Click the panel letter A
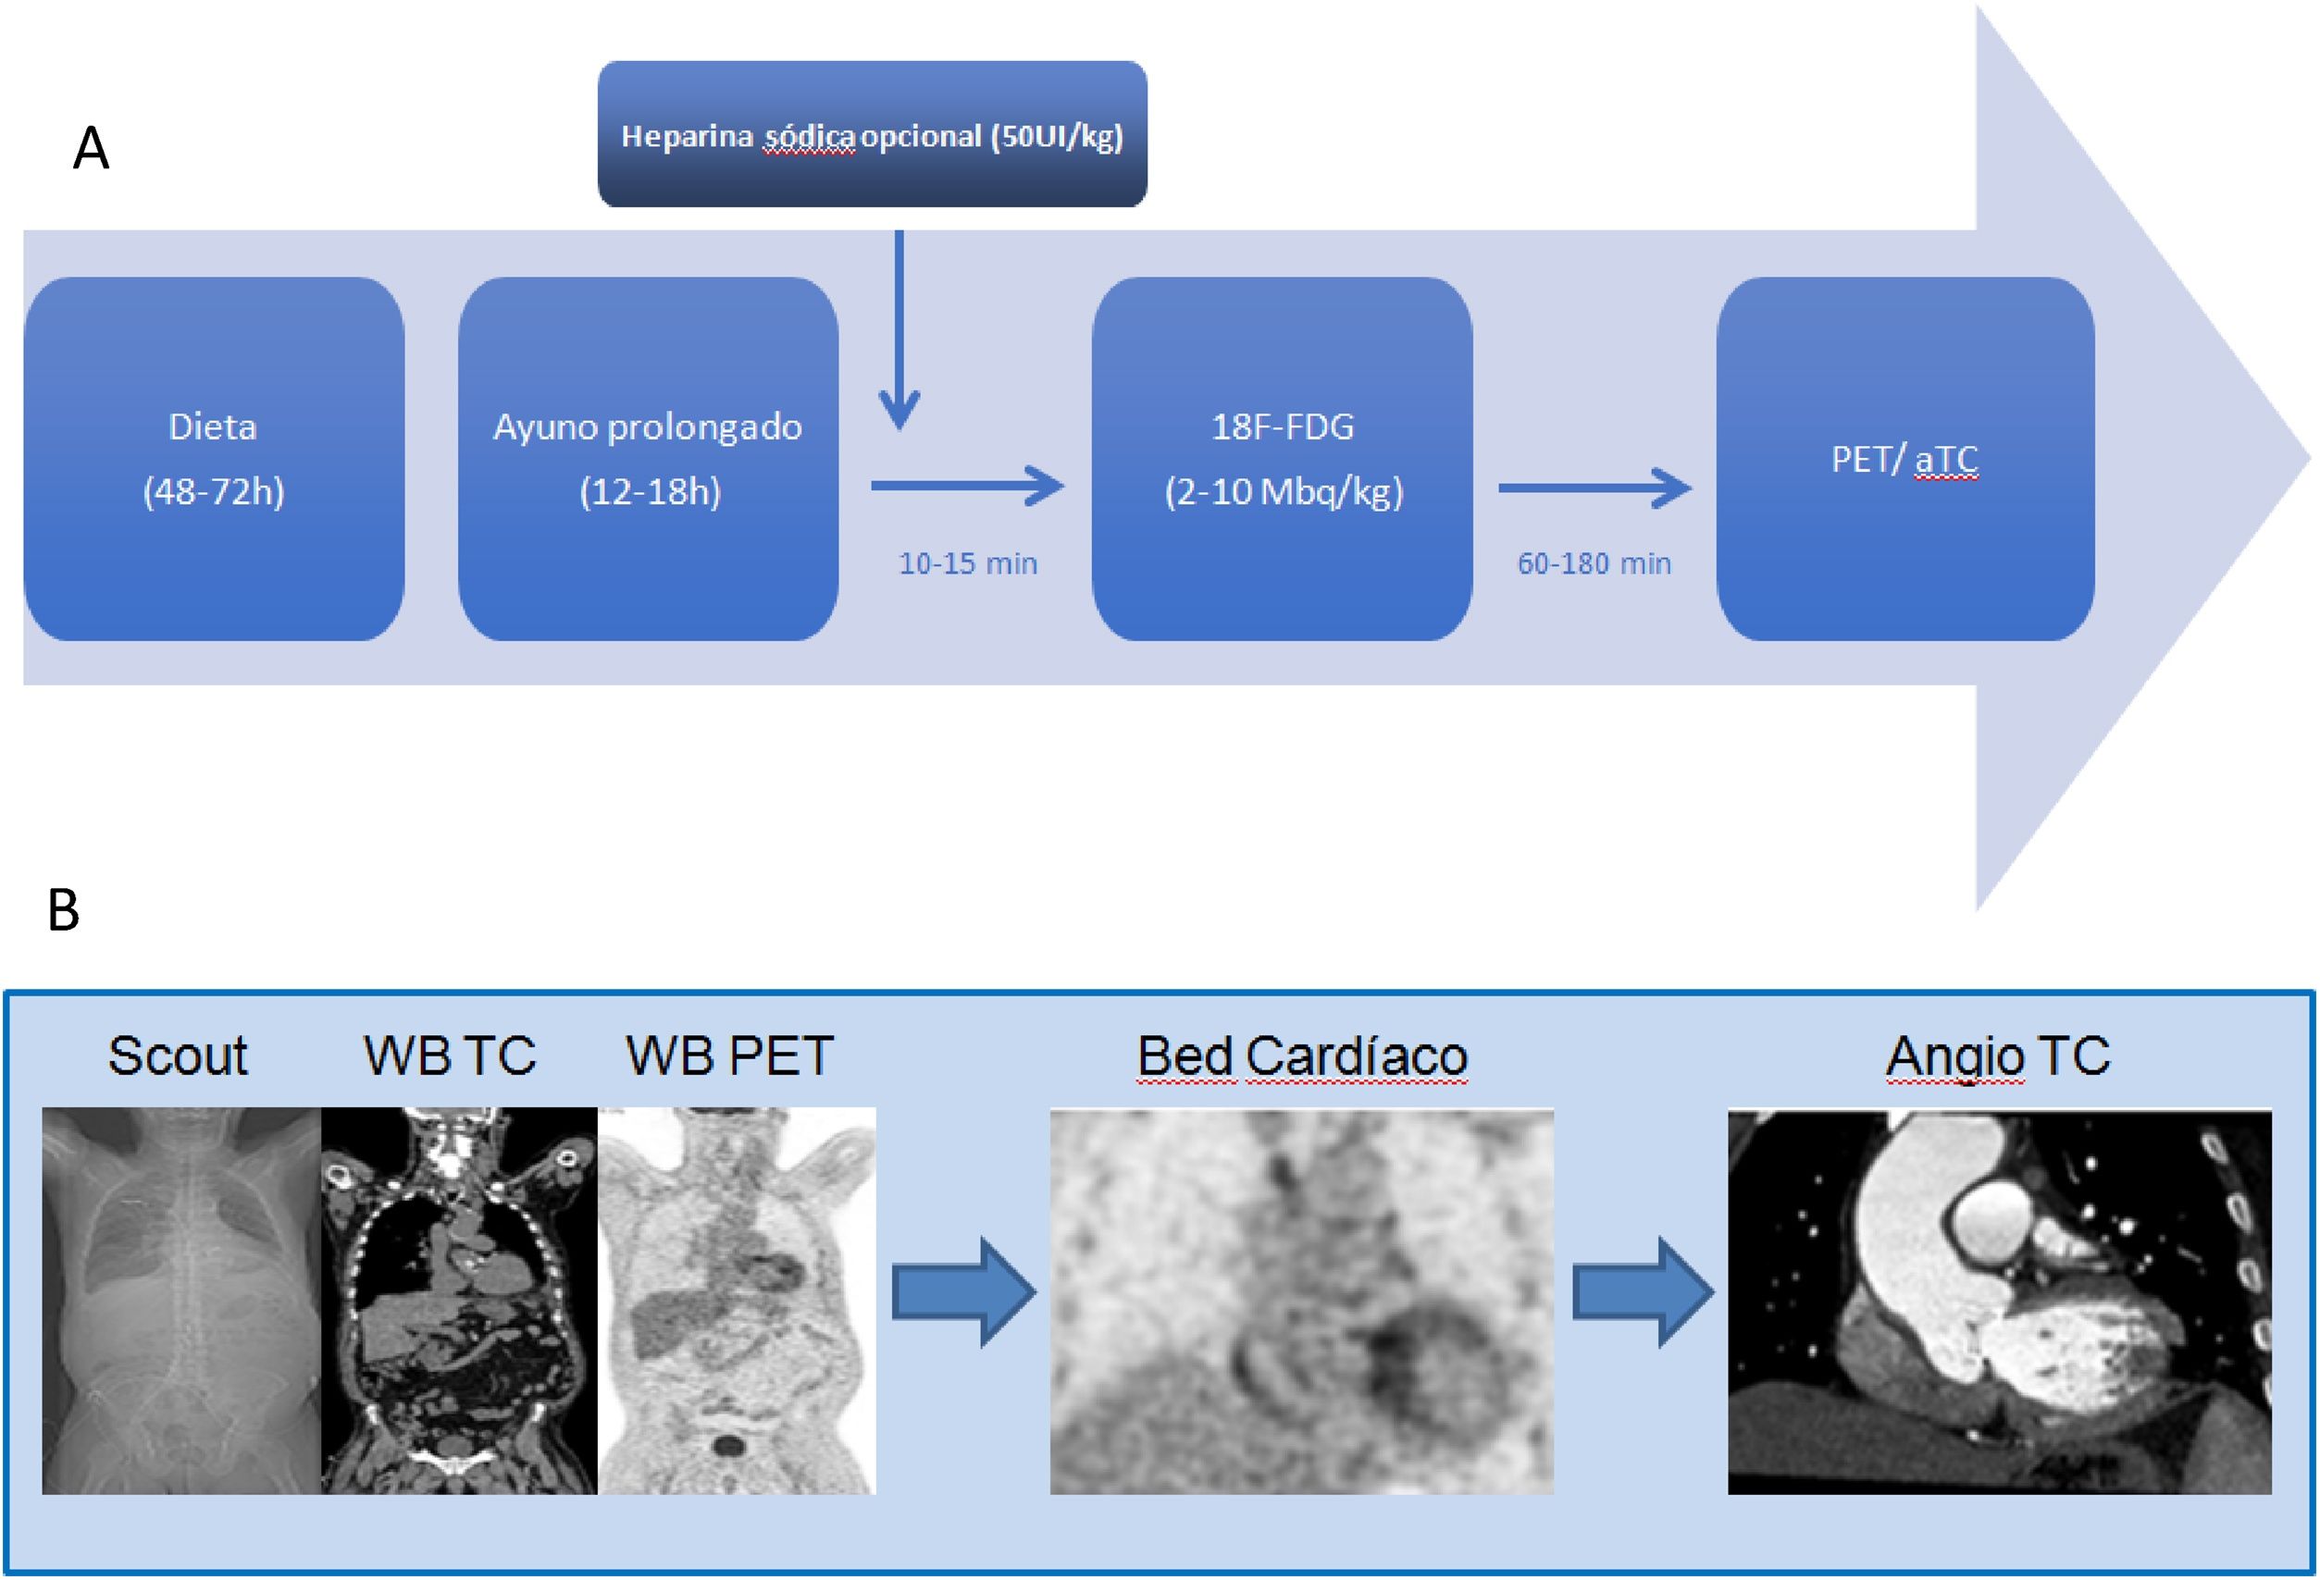[91, 150]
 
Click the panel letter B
[64, 910]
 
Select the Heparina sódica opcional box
[872, 134]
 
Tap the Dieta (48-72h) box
[214, 458]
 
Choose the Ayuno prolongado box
[648, 458]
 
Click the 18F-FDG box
[1282, 458]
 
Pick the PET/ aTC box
[1904, 458]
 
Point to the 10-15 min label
[967, 564]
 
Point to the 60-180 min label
[1594, 564]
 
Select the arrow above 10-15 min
[966, 488]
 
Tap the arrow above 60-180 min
[1594, 488]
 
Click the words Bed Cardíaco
[1302, 1056]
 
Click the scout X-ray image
[180, 1300]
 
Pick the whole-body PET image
[737, 1300]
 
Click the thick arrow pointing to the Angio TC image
[1643, 1292]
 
